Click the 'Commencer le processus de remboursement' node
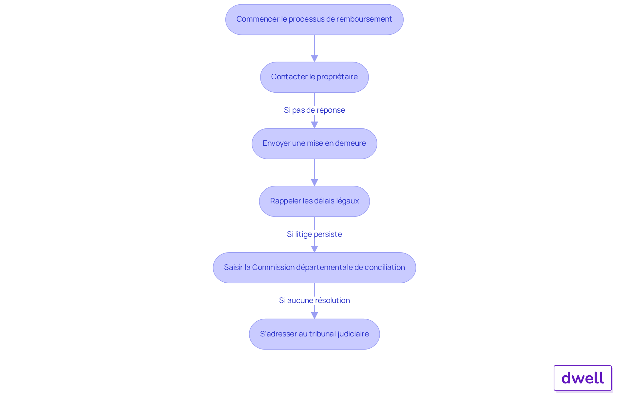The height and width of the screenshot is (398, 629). click(x=314, y=20)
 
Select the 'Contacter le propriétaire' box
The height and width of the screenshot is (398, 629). click(x=314, y=77)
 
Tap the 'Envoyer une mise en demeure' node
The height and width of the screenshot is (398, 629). click(x=314, y=144)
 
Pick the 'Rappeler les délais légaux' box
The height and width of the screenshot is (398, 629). click(x=314, y=201)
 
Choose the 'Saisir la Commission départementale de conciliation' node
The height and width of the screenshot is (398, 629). click(x=314, y=268)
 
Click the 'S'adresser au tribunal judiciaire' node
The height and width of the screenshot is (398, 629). click(x=314, y=334)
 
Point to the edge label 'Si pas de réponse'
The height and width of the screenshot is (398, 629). click(x=314, y=110)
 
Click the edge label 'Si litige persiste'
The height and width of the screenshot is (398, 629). click(x=314, y=234)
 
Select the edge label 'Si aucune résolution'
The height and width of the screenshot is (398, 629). click(x=314, y=300)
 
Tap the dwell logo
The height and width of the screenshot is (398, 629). click(x=583, y=378)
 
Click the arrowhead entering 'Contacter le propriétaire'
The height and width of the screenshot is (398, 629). click(x=314, y=59)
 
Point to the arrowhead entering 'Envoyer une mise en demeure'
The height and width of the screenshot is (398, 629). click(x=314, y=125)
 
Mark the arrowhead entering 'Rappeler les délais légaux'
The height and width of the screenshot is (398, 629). click(x=314, y=183)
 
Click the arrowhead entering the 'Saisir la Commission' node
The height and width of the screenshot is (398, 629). click(x=314, y=249)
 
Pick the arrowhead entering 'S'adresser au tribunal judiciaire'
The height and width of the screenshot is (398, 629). click(x=314, y=315)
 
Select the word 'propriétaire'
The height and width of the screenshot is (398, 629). click(x=337, y=77)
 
